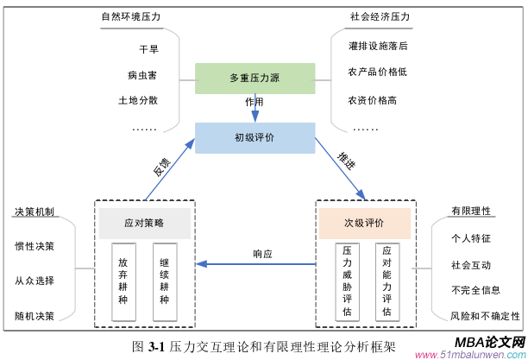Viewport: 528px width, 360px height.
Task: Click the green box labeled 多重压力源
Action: [x=255, y=78]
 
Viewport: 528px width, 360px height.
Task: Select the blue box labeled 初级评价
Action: [x=255, y=137]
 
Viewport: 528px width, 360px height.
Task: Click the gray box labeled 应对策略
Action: [x=143, y=223]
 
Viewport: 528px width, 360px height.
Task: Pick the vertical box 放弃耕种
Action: [x=124, y=281]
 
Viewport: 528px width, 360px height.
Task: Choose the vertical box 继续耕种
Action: [x=164, y=281]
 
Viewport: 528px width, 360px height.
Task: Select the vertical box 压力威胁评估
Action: [x=345, y=281]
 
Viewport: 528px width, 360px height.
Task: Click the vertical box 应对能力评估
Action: [x=386, y=281]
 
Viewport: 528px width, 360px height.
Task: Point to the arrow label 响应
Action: [x=262, y=254]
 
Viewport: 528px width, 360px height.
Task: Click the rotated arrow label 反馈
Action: [x=161, y=167]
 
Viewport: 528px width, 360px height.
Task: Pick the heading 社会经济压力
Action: [x=379, y=16]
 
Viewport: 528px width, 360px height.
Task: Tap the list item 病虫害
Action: [x=142, y=75]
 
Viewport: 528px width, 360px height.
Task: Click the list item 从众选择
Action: [x=35, y=280]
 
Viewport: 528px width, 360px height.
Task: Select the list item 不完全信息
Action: [x=474, y=289]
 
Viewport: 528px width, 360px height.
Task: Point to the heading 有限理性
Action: [x=470, y=211]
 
